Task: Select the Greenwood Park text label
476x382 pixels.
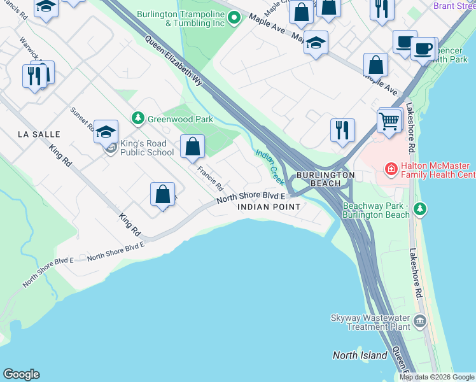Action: pos(171,119)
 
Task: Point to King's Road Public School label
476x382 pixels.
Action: pos(146,148)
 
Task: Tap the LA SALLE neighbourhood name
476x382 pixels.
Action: pos(39,134)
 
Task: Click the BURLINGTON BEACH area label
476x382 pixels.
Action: pos(325,179)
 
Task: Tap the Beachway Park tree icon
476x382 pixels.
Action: pos(419,209)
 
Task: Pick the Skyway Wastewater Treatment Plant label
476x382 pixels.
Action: pos(370,322)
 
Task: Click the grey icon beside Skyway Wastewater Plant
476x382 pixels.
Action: pos(419,322)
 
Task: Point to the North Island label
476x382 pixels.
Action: pos(360,355)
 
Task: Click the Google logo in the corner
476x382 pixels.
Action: pos(21,374)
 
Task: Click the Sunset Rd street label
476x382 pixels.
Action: pos(83,119)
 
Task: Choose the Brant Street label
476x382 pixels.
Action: pos(454,6)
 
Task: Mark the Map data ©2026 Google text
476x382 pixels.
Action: pos(437,377)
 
